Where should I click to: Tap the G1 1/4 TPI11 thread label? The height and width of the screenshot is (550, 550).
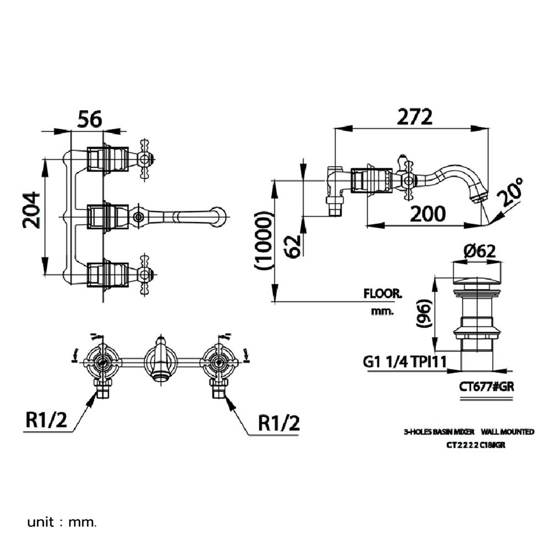404,362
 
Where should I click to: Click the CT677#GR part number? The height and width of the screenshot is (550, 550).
486,387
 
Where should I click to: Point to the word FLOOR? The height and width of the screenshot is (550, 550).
382,294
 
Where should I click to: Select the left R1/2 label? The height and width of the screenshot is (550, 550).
46,422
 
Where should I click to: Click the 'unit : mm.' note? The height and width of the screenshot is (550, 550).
62,521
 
